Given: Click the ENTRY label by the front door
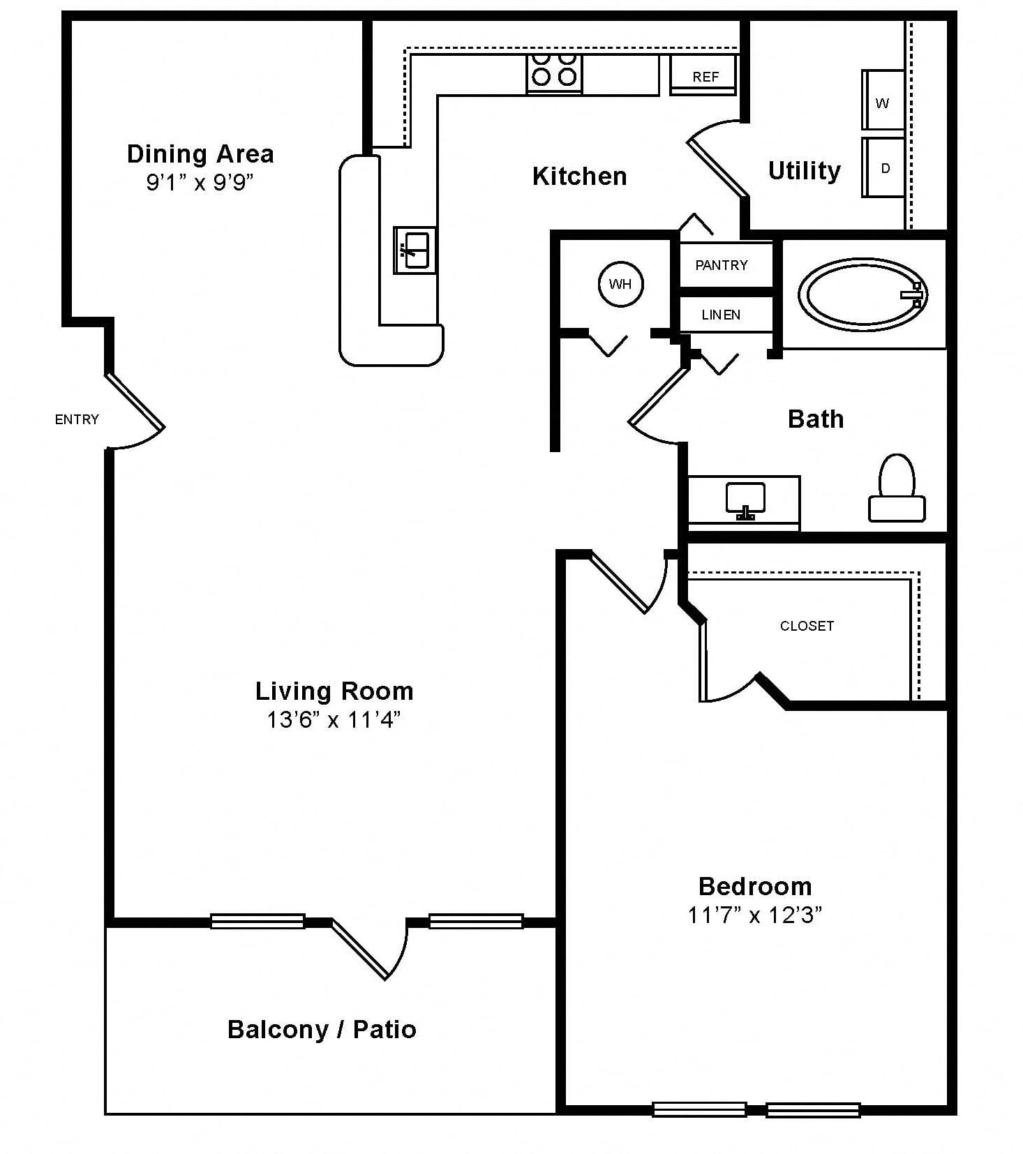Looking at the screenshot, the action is tap(77, 419).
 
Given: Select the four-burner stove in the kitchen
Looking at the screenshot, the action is tap(554, 73).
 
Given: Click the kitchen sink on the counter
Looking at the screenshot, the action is tap(415, 250).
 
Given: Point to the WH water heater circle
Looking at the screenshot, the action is tap(620, 284).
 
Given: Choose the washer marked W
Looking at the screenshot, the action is tap(883, 100).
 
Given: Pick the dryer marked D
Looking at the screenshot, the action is tap(883, 167).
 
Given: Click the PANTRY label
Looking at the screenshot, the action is tap(722, 265).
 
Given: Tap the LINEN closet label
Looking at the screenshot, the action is tap(721, 315).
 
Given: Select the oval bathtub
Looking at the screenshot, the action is tap(863, 294).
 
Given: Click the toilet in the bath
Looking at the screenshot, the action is tap(897, 488).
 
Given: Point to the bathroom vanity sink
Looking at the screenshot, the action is tap(745, 501).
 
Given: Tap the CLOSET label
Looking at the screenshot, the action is tap(807, 626).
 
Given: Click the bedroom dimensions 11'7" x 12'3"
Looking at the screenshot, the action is tap(755, 915).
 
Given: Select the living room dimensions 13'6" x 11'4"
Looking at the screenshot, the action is tap(334, 719).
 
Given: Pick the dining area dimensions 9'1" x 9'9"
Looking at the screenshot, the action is tap(200, 182).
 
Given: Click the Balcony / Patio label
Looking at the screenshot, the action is tap(322, 1030).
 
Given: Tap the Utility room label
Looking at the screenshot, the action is tap(805, 171).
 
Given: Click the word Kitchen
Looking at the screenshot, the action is tap(579, 177).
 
